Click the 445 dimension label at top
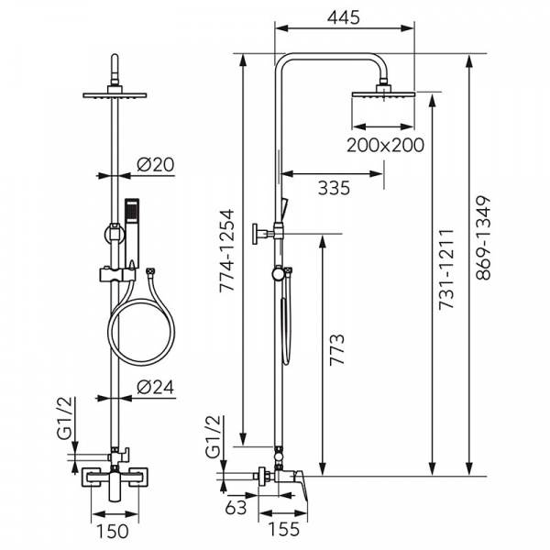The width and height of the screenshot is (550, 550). tap(344, 17)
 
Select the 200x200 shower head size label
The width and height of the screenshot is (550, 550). tap(385, 145)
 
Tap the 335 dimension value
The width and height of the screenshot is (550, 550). tap(334, 188)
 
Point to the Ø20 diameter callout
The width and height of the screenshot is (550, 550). tap(156, 164)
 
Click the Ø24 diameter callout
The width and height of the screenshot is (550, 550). tap(156, 387)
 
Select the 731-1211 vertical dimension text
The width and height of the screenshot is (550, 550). tap(446, 269)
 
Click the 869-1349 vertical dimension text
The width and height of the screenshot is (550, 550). tap(483, 237)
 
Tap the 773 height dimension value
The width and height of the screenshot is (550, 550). tap(336, 350)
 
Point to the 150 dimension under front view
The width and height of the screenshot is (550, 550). tap(112, 532)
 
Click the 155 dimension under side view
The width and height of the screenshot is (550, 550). tap(284, 529)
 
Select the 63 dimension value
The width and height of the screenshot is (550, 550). tap(236, 507)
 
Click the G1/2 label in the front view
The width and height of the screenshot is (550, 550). tap(66, 418)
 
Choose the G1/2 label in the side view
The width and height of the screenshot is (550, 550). tap(214, 437)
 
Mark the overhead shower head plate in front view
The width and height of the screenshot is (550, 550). tap(115, 94)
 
